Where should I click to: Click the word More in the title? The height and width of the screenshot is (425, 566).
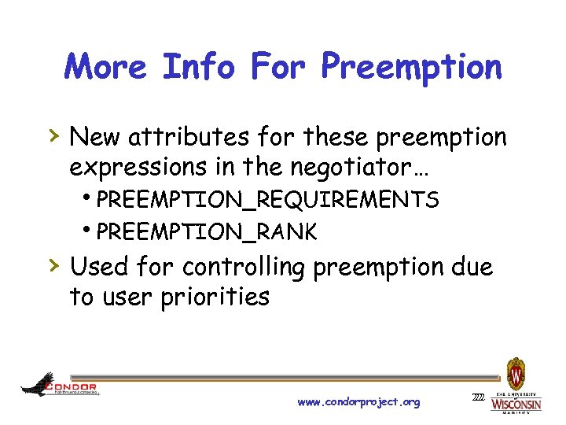click(x=106, y=67)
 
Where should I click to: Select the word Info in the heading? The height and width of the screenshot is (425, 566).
click(x=198, y=67)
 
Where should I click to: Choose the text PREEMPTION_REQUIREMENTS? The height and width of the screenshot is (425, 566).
click(x=268, y=200)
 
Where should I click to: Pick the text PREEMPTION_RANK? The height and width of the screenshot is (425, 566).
click(x=208, y=232)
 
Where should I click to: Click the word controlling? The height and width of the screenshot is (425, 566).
click(x=244, y=268)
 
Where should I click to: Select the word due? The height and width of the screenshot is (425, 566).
click(x=472, y=268)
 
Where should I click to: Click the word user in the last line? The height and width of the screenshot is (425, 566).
click(x=126, y=297)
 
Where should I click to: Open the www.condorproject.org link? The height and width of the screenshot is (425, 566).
click(x=358, y=402)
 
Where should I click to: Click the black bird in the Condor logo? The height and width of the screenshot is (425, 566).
click(x=38, y=386)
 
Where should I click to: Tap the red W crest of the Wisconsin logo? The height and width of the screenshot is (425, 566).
click(x=516, y=371)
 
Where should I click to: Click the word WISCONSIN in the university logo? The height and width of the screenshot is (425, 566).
click(x=516, y=404)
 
